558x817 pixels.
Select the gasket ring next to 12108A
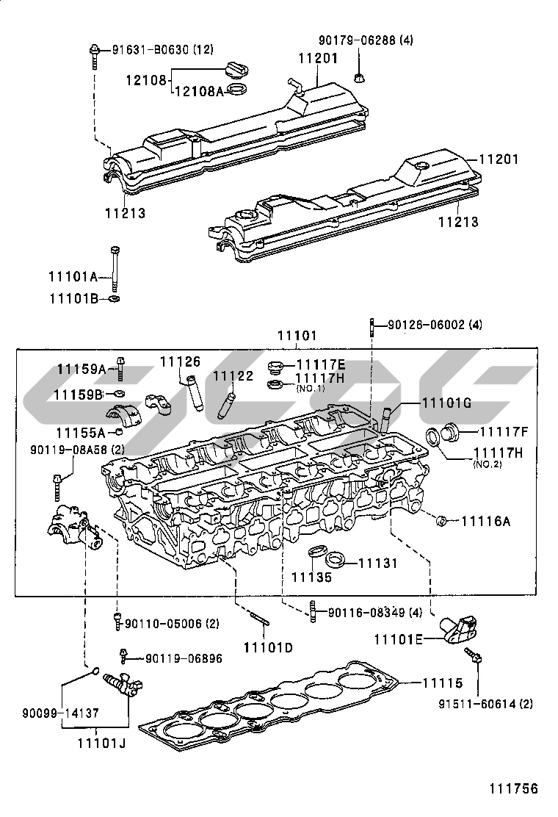tap(237, 91)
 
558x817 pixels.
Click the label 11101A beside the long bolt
tap(73, 276)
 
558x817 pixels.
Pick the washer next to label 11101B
tap(115, 299)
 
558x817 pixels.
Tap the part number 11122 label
tap(233, 375)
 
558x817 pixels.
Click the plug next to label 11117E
tap(276, 367)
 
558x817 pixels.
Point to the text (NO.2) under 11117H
tap(487, 465)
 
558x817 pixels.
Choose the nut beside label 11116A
tap(442, 521)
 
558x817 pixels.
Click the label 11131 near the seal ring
tap(377, 564)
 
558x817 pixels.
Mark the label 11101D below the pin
tap(268, 647)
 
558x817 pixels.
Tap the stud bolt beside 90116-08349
tap(314, 611)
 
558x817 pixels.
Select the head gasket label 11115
tap(442, 683)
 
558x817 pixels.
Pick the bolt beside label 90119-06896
tap(125, 654)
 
